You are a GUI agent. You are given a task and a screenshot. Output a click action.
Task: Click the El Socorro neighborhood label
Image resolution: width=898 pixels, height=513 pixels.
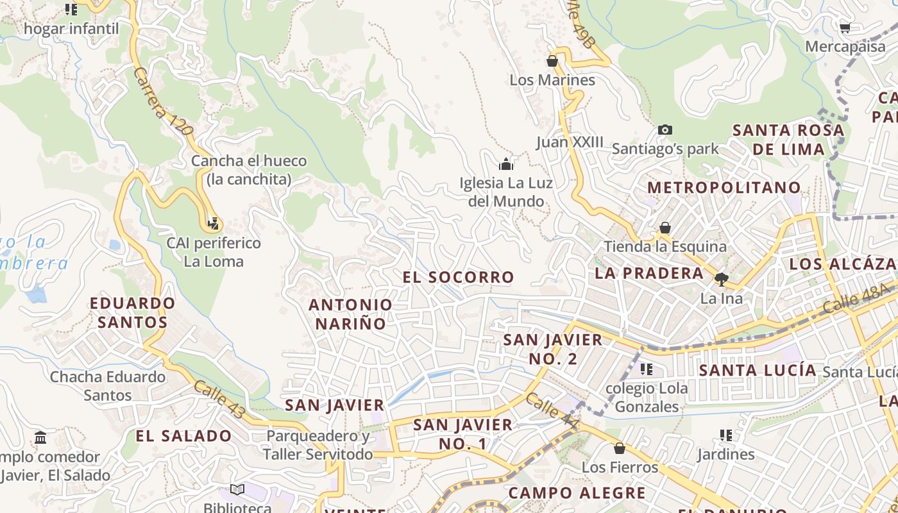pos(458,277)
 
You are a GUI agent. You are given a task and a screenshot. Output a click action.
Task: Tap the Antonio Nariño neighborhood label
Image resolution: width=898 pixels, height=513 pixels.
pos(350,314)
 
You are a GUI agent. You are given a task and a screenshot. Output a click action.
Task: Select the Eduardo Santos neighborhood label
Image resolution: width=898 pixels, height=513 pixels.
pos(133,312)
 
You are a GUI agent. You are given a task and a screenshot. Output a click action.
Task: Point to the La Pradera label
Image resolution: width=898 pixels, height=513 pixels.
pos(649,273)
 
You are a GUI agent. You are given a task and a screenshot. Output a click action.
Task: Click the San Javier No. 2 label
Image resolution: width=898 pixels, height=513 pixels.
pos(553,349)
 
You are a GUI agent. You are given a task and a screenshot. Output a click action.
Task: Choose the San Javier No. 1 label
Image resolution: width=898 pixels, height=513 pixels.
pos(462,433)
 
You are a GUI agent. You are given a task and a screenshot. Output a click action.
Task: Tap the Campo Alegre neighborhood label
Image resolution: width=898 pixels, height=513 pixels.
pos(577,493)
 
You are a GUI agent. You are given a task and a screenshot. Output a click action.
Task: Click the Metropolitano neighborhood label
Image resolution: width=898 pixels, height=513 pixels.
pos(724,187)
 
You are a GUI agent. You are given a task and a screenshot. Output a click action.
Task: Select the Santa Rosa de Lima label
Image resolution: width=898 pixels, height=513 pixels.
pos(788,140)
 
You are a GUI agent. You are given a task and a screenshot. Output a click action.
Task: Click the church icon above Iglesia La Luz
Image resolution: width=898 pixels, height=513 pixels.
pos(506,164)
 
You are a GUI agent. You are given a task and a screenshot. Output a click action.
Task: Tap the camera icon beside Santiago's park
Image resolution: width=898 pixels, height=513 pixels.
pos(665,130)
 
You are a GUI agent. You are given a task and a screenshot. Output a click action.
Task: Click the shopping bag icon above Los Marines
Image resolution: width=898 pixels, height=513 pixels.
pos(552,62)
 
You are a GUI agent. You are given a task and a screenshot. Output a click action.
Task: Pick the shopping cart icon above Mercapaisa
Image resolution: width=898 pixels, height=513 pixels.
pos(845,28)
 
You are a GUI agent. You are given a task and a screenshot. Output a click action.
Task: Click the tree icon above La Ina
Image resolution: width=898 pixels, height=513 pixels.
pos(722,279)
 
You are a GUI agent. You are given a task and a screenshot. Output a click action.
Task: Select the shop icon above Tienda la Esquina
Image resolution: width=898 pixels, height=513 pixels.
pos(665,228)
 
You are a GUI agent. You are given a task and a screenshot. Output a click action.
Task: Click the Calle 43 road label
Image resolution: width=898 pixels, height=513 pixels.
pos(219,399)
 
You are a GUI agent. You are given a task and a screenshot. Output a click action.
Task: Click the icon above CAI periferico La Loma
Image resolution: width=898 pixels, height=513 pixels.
pos(214,224)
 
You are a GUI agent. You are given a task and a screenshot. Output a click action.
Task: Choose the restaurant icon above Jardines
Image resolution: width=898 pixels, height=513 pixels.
pos(726,435)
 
